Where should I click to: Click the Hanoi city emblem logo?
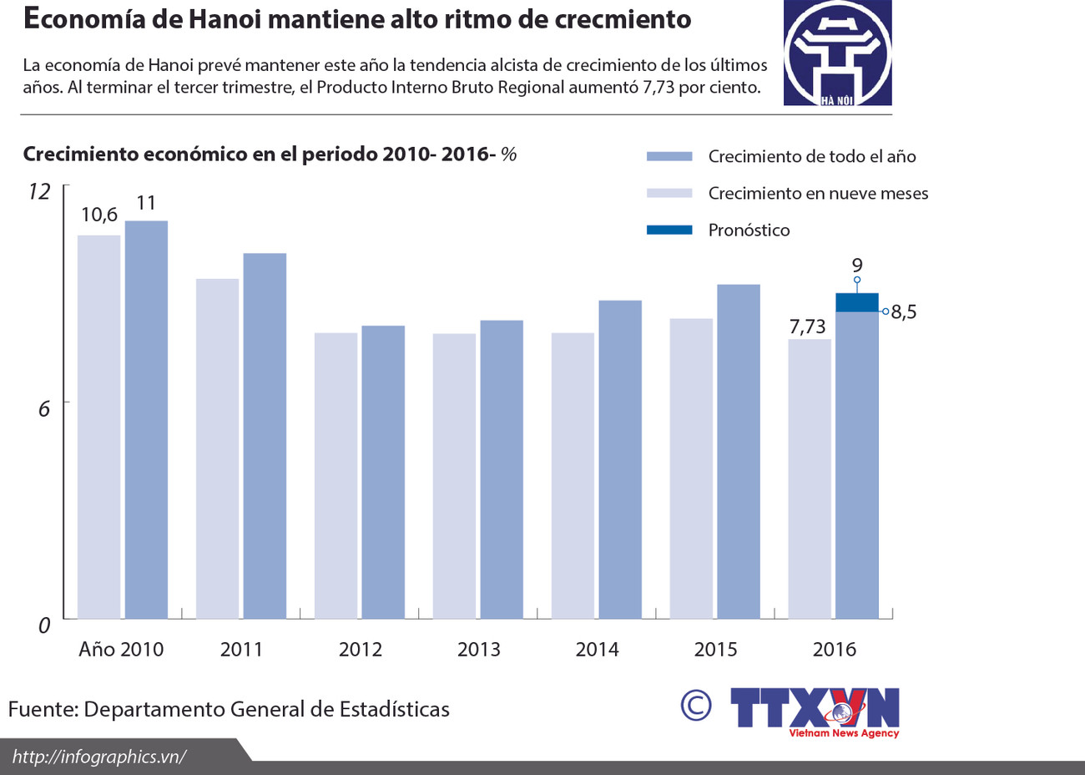click(x=837, y=53)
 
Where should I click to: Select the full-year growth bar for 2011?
click(x=265, y=435)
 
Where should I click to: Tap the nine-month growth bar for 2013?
click(x=454, y=476)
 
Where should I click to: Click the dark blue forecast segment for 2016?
click(x=857, y=302)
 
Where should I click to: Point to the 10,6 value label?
click(x=99, y=215)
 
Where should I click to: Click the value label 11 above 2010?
click(x=146, y=203)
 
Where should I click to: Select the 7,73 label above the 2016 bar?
click(x=807, y=327)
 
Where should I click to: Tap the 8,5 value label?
click(x=904, y=312)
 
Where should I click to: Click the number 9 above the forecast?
click(x=857, y=266)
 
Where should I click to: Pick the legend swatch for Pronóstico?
click(x=669, y=230)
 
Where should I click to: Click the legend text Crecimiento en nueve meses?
click(x=818, y=194)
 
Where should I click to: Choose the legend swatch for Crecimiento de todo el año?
click(x=669, y=156)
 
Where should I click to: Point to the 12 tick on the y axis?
click(x=39, y=192)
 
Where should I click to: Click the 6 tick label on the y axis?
click(x=44, y=408)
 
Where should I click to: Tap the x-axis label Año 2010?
click(x=121, y=650)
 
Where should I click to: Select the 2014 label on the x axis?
click(x=597, y=650)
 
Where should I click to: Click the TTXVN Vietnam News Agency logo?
click(x=815, y=712)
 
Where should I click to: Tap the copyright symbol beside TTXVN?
click(x=696, y=706)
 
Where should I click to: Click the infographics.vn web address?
click(x=98, y=757)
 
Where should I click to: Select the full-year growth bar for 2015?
click(x=739, y=451)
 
